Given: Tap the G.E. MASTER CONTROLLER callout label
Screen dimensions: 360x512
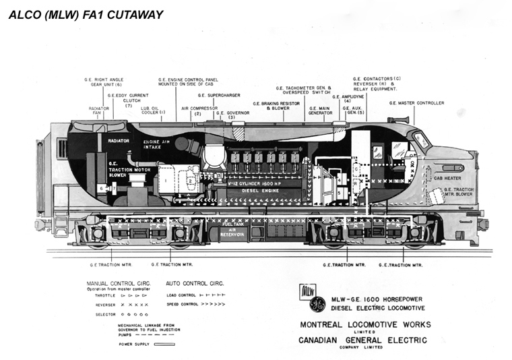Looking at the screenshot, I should coord(416,103).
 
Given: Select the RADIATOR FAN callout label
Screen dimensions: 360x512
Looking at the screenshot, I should coord(98,111).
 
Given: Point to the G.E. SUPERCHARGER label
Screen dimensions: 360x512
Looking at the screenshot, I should coord(214,96).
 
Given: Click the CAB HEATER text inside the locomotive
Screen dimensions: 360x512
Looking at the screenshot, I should coord(447,178).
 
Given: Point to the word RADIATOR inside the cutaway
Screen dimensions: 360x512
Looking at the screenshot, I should coord(119,141).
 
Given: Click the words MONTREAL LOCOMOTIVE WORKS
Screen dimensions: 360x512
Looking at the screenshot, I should coord(364,324).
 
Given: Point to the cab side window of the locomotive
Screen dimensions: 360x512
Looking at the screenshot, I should coord(421,141).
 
